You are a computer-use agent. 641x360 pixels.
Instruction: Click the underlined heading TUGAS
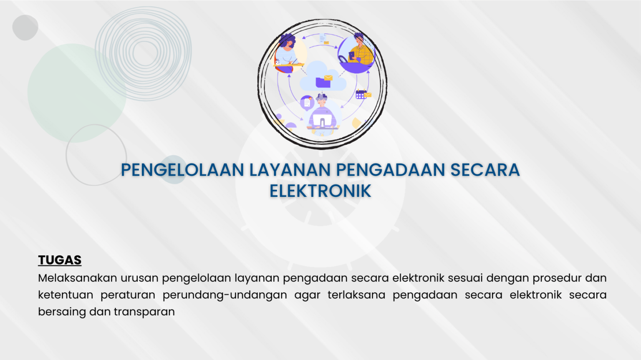pyautogui.click(x=60, y=260)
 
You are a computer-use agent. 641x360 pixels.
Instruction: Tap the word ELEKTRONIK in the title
pyautogui.click(x=320, y=191)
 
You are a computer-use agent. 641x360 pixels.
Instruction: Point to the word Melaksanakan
pyautogui.click(x=78, y=278)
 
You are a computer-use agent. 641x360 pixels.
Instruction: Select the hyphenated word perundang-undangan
pyautogui.click(x=225, y=295)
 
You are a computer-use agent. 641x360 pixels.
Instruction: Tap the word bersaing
pyautogui.click(x=62, y=312)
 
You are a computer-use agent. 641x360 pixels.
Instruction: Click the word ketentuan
pyautogui.click(x=66, y=295)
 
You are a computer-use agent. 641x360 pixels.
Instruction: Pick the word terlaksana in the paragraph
pyautogui.click(x=356, y=295)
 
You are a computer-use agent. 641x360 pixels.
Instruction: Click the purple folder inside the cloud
pyautogui.click(x=323, y=82)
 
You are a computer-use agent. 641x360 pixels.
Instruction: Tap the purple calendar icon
pyautogui.click(x=361, y=94)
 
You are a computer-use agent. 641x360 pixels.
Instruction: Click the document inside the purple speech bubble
pyautogui.click(x=307, y=102)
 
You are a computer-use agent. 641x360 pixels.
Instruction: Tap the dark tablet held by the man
pyautogui.click(x=351, y=56)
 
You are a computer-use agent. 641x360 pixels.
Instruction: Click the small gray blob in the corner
pyautogui.click(x=25, y=28)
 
